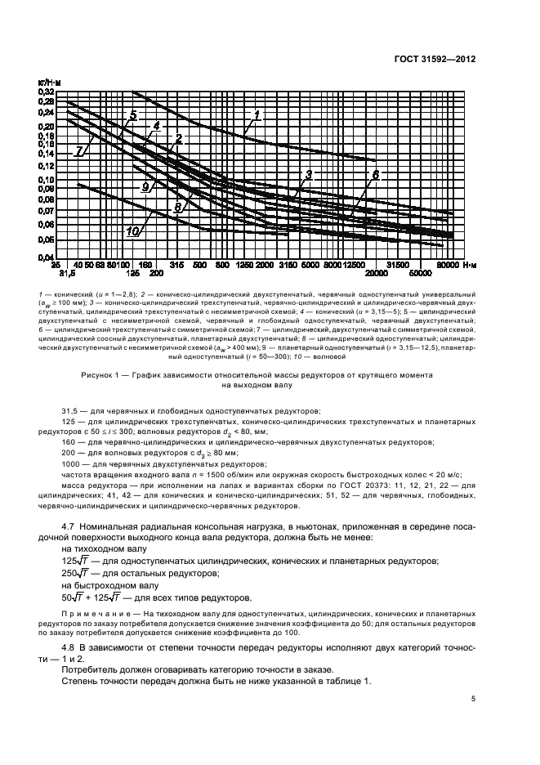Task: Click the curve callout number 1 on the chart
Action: click(256, 116)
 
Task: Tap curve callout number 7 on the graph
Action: click(79, 151)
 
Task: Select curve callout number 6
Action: click(376, 176)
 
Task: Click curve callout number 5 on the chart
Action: click(132, 114)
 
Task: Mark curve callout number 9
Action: click(146, 186)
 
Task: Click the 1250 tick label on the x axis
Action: click(243, 266)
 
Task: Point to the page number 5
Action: click(474, 699)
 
